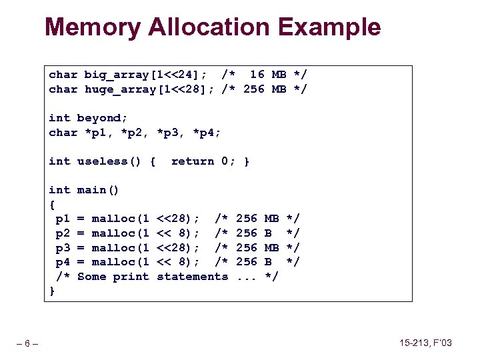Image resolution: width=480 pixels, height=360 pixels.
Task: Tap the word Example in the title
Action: point(330,27)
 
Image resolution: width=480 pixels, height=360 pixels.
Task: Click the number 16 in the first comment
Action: point(257,75)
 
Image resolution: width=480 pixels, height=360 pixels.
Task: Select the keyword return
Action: point(192,161)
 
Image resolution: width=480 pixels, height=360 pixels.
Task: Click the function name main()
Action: point(98,190)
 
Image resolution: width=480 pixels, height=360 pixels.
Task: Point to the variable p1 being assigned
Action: point(63,219)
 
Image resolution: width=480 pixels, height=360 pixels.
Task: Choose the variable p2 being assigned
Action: point(63,233)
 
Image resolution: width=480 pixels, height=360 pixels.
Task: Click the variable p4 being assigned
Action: point(63,262)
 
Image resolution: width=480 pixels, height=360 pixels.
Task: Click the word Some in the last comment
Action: point(91,277)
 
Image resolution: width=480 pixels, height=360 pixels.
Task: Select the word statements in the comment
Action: point(192,277)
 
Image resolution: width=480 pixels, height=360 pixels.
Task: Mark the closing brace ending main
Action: point(53,291)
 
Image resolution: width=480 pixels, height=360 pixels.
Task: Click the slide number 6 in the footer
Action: point(27,344)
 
